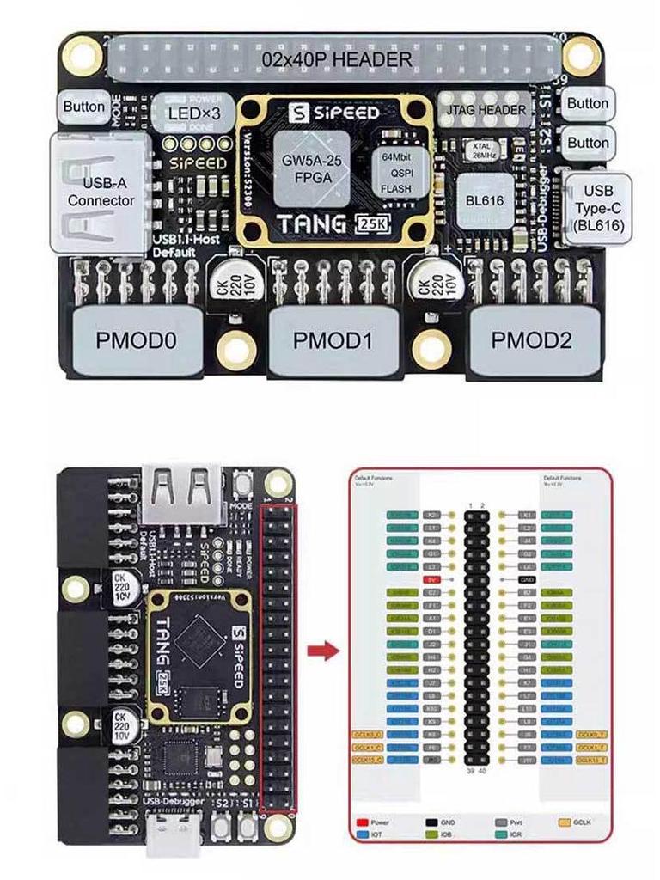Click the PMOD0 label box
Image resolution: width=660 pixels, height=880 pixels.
pyautogui.click(x=137, y=339)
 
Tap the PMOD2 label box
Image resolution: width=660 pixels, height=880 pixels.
pyautogui.click(x=531, y=339)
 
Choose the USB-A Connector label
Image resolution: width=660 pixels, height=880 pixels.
pyautogui.click(x=101, y=192)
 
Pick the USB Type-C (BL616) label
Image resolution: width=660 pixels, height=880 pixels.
pyautogui.click(x=599, y=209)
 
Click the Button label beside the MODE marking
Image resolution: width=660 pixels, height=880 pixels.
pyautogui.click(x=84, y=107)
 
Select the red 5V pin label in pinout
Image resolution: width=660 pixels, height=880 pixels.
pyautogui.click(x=433, y=580)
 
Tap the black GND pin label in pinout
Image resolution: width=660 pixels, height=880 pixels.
pyautogui.click(x=529, y=580)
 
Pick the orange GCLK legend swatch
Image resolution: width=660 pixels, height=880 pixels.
pyautogui.click(x=565, y=822)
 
